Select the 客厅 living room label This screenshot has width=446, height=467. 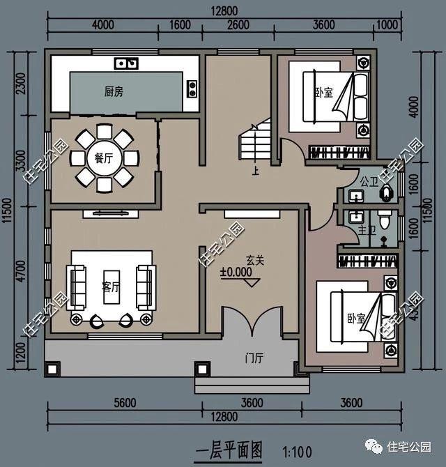110,286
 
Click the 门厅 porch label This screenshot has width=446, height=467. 254,359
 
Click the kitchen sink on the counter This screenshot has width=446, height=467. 127,64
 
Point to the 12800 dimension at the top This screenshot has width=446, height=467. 226,10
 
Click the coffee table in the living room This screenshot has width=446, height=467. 110,286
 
